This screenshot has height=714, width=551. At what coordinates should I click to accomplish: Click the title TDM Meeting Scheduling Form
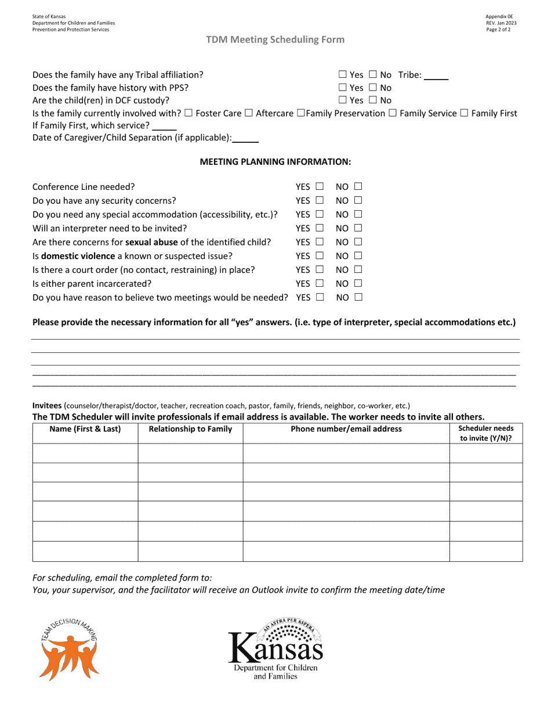275,39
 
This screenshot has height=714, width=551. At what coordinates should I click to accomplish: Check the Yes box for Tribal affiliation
342,75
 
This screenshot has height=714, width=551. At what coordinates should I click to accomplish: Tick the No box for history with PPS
372,88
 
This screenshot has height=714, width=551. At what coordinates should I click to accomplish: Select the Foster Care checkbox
188,113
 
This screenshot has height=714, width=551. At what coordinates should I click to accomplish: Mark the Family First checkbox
464,113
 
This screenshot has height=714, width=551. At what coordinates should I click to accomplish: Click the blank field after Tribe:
436,75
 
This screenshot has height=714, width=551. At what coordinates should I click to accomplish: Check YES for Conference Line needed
320,187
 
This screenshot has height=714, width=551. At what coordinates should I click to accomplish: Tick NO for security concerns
358,201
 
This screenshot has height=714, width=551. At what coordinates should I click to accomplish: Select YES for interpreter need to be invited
320,228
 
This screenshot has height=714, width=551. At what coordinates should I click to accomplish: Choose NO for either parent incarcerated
358,283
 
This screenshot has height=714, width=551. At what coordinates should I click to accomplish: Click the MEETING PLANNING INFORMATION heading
275,162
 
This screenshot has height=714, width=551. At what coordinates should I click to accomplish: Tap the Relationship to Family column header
190,430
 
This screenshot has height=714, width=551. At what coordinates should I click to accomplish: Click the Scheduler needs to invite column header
485,434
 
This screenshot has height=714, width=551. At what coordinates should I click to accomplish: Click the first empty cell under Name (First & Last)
85,453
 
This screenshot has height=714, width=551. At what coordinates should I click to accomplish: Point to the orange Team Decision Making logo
68,648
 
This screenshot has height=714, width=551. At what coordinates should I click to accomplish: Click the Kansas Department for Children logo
275,649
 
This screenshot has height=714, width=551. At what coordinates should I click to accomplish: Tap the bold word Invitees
47,406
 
